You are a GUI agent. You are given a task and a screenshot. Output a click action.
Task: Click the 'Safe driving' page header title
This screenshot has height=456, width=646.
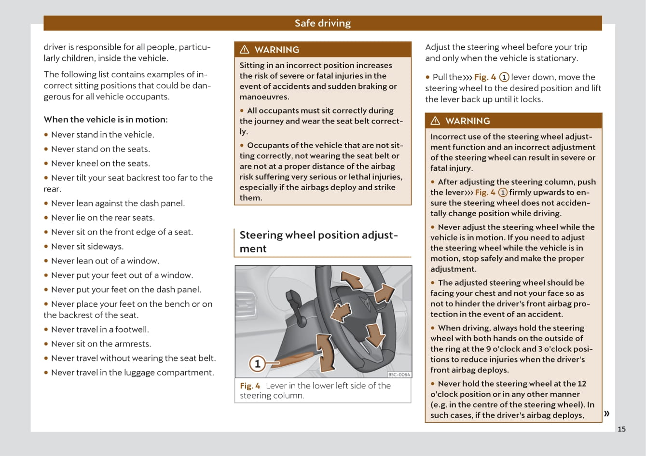(x=322, y=23)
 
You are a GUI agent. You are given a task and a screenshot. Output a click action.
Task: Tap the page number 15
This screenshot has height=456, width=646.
(x=621, y=429)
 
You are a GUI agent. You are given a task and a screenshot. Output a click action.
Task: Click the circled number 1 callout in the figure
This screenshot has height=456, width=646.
(x=258, y=363)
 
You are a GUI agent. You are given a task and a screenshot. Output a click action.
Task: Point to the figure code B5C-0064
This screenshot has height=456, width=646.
(x=399, y=374)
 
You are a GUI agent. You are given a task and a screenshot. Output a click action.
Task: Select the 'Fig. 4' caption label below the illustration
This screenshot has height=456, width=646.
(x=250, y=386)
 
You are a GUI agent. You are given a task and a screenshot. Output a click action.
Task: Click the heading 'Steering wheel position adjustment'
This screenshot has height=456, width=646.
(x=318, y=241)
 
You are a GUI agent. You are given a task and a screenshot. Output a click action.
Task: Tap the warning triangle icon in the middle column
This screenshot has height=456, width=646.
(x=245, y=50)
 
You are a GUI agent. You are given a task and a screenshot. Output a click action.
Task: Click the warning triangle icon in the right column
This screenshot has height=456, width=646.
(x=436, y=121)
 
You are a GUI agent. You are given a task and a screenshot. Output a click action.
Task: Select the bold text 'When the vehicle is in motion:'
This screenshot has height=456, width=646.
(x=106, y=119)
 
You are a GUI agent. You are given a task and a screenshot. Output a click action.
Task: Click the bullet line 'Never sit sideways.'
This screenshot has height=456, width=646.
(x=87, y=246)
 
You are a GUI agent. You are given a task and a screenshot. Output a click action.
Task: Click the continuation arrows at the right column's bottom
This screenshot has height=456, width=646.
(x=606, y=413)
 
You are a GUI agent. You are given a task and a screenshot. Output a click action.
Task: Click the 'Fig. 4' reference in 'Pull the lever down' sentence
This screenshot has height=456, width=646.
(x=485, y=77)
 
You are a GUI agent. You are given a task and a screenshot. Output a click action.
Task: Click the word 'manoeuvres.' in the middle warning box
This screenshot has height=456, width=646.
(x=264, y=97)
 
